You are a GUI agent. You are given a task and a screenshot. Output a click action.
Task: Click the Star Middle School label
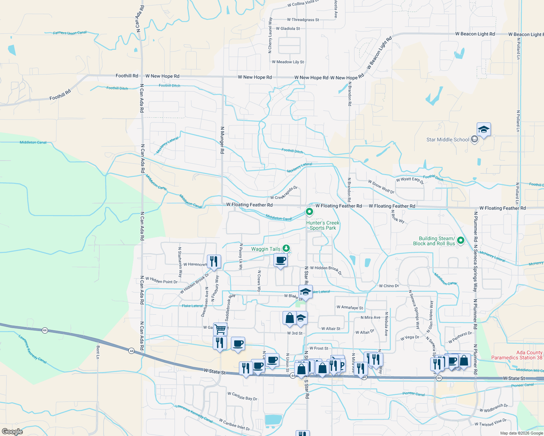(448, 140)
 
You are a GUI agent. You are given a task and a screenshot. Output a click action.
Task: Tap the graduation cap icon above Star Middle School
(484, 130)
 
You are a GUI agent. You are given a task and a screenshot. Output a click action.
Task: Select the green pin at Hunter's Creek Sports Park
(309, 211)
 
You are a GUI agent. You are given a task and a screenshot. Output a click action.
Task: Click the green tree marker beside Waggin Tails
(287, 249)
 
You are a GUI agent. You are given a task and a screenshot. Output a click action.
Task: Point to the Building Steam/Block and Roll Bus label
(434, 241)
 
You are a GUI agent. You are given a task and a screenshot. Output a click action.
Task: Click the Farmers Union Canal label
(70, 33)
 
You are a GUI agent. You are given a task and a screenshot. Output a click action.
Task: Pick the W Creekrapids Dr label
(284, 193)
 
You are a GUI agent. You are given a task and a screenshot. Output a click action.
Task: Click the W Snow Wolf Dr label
(381, 187)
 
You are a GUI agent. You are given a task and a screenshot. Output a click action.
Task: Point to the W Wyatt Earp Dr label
(410, 180)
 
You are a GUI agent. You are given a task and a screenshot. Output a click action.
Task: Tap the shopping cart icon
(220, 329)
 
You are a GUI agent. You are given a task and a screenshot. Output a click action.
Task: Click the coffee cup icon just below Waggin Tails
(280, 260)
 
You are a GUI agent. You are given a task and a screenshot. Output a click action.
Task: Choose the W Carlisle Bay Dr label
(242, 396)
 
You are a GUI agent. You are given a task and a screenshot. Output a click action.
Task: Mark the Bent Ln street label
(98, 352)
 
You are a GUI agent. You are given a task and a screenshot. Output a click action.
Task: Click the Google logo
(12, 431)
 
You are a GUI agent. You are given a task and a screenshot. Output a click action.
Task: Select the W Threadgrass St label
(303, 20)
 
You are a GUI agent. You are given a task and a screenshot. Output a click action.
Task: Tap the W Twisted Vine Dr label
(491, 423)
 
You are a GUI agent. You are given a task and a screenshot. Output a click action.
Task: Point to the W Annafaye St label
(350, 307)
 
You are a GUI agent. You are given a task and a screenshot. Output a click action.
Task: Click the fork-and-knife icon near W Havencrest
(214, 261)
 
